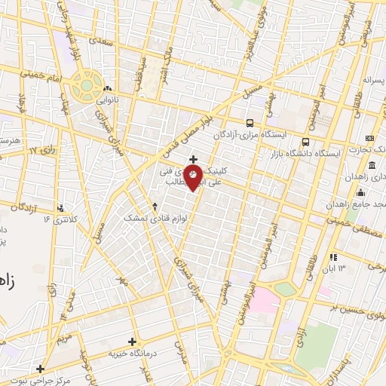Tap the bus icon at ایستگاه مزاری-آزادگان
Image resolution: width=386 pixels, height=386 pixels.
(x=249, y=122)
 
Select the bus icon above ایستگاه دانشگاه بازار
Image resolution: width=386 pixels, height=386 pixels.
(x=305, y=141)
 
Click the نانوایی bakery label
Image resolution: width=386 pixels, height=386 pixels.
(x=106, y=98)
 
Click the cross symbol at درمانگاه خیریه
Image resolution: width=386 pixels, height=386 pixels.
(x=132, y=342)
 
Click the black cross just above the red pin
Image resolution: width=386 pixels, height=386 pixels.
(x=194, y=159)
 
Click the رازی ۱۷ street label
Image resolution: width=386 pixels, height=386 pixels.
(x=44, y=152)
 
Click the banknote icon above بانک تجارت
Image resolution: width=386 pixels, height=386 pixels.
(x=369, y=139)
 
